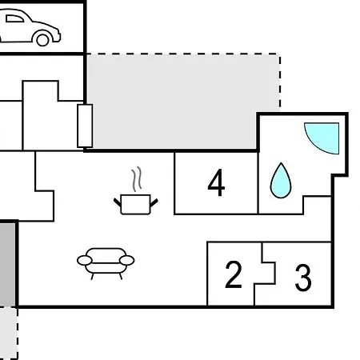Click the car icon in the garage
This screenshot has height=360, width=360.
pyautogui.click(x=30, y=26)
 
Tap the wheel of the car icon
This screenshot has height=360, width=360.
pyautogui.click(x=42, y=40)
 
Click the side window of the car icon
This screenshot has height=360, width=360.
pyautogui.click(x=14, y=18)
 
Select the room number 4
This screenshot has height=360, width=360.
pyautogui.click(x=216, y=183)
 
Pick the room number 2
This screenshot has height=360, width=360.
pyautogui.click(x=234, y=274)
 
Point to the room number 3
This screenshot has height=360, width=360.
pyautogui.click(x=303, y=278)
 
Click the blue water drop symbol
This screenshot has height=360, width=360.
pyautogui.click(x=281, y=181)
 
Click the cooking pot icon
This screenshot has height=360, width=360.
pyautogui.click(x=136, y=205)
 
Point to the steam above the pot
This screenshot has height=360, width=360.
pyautogui.click(x=136, y=179)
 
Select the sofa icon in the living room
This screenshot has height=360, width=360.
pyautogui.click(x=106, y=263)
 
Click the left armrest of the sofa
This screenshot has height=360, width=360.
pyautogui.click(x=85, y=260)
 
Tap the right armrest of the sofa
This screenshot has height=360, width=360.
pyautogui.click(x=126, y=260)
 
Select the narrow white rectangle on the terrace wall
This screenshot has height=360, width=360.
pyautogui.click(x=85, y=126)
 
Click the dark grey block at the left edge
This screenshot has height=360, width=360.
pyautogui.click(x=7, y=265)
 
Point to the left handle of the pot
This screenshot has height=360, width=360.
pyautogui.click(x=118, y=202)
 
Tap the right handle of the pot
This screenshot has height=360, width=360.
pyautogui.click(x=154, y=203)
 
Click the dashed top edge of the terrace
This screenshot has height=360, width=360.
pyautogui.click(x=183, y=54)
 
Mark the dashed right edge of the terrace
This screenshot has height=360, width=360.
pyautogui.click(x=280, y=82)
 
